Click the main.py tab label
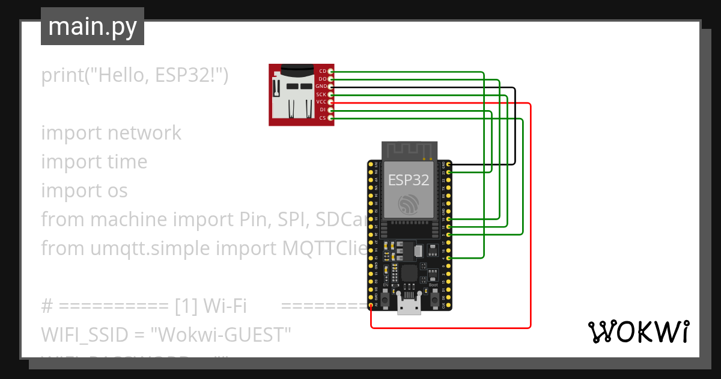point(92,26)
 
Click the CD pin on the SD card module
point(330,72)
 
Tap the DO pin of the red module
point(330,79)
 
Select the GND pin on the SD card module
point(330,87)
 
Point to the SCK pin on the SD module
point(330,94)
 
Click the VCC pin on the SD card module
point(330,102)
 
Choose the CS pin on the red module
point(330,118)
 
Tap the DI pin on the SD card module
point(330,110)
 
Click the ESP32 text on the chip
point(409,179)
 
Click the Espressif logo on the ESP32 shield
point(409,205)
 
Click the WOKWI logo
point(637,331)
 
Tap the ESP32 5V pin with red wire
point(371,306)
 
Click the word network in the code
point(144,132)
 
